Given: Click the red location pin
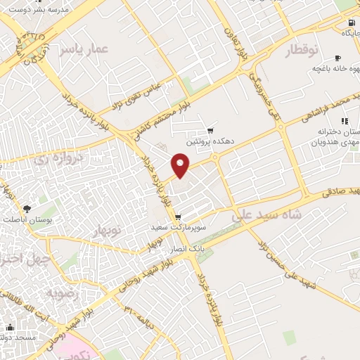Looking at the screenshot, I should coord(181,166).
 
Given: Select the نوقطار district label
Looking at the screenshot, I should coord(303,51).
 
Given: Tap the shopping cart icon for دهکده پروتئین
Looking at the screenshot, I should coord(210,131).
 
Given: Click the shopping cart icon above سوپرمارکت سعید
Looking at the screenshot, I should coord(178,217).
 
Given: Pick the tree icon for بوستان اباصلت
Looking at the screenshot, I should coord(27,208).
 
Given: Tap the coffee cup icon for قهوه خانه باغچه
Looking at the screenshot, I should coord(338,58).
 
